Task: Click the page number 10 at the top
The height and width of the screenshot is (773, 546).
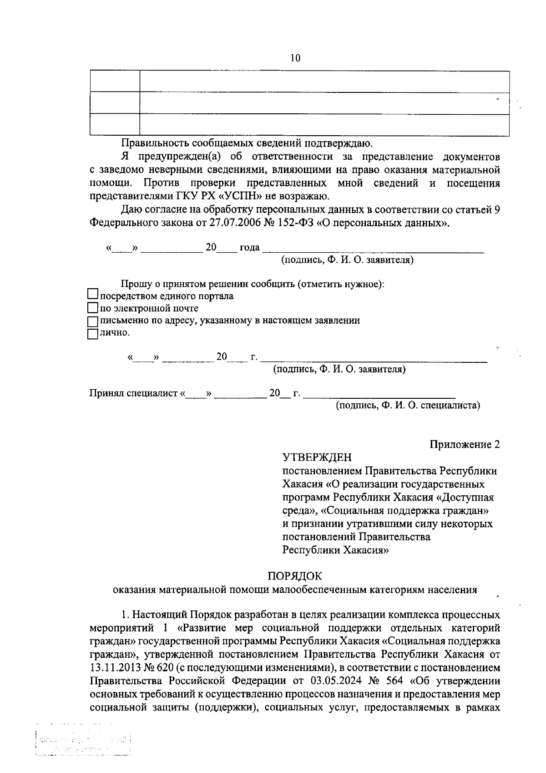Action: pos(295,58)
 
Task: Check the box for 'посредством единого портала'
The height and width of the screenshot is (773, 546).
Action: pos(93,295)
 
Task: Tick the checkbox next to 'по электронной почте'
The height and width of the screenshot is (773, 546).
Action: pos(93,308)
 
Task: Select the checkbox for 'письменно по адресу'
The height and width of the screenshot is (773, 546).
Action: pos(93,321)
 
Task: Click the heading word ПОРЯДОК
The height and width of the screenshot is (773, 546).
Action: pos(295,576)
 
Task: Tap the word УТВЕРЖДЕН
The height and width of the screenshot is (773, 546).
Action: pos(317,457)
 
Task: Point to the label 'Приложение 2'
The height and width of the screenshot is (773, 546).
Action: pos(465,444)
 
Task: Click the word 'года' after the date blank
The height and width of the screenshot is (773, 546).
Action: pos(249,248)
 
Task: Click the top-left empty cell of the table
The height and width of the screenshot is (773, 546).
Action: pos(115,81)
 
